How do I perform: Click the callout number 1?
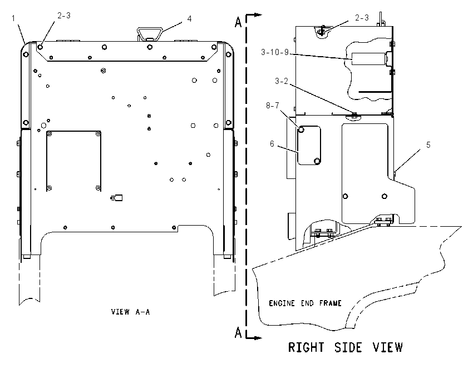(x=13, y=18)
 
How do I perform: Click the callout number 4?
(x=189, y=19)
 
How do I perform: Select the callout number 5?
(x=428, y=145)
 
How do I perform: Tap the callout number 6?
(x=272, y=144)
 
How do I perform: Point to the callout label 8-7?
(x=273, y=106)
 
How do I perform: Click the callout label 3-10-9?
(x=275, y=52)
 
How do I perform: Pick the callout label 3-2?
(x=282, y=81)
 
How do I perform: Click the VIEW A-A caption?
(x=130, y=312)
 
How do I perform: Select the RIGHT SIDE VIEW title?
(x=346, y=347)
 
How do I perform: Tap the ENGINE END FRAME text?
(x=305, y=303)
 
